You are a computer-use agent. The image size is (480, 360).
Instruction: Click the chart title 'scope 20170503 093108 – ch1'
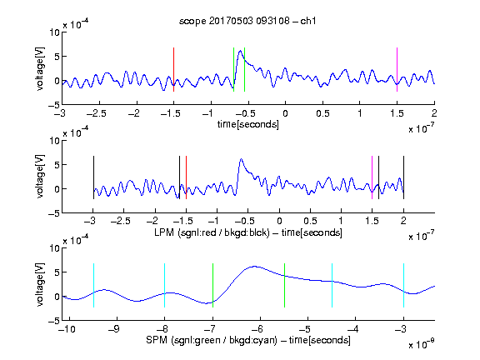[247, 21]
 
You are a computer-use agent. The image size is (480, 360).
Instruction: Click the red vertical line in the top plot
[173, 69]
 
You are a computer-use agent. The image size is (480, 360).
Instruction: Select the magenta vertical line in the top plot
[397, 69]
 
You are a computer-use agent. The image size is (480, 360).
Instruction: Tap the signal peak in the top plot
[240, 51]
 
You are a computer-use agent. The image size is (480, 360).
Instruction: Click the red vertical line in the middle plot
[186, 177]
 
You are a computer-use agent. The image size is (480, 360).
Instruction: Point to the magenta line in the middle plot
[372, 177]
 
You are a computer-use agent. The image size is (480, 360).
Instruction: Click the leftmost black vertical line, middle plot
[93, 177]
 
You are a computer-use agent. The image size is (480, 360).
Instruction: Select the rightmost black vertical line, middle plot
[403, 177]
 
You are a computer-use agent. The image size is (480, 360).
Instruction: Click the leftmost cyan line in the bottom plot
[93, 285]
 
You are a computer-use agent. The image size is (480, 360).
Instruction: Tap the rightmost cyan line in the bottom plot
[403, 285]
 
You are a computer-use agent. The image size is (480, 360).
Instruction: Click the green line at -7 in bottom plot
[212, 285]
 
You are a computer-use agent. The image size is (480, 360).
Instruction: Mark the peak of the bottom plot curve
[254, 267]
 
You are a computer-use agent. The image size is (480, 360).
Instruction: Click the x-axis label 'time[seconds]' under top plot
[248, 124]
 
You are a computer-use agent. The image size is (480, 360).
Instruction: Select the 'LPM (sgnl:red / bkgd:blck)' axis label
[212, 232]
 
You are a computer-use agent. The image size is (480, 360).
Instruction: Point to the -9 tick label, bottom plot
[114, 329]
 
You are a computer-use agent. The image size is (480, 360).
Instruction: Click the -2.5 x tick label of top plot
[97, 113]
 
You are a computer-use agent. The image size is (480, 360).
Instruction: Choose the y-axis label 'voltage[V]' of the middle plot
[40, 177]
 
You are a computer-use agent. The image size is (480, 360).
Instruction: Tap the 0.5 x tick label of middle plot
[310, 221]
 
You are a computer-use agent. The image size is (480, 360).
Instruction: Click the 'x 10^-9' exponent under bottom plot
[422, 344]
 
